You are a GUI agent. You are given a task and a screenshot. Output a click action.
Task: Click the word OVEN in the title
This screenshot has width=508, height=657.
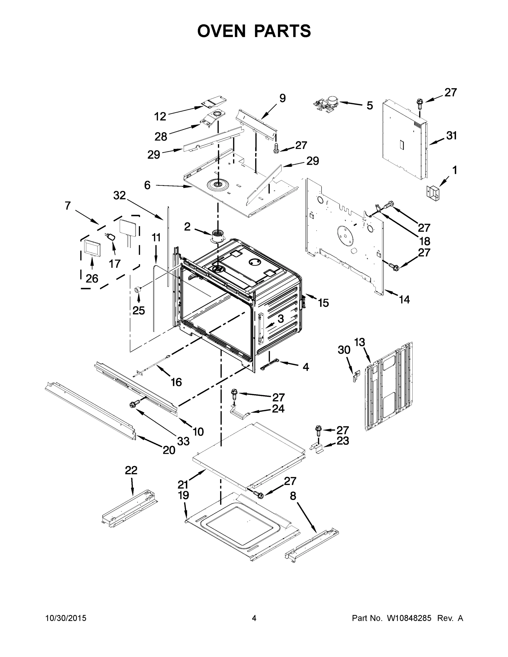pyautogui.click(x=222, y=31)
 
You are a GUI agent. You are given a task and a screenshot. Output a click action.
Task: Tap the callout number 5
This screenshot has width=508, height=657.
pyautogui.click(x=369, y=106)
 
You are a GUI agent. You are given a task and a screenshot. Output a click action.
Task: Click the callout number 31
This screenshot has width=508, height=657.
pyautogui.click(x=451, y=136)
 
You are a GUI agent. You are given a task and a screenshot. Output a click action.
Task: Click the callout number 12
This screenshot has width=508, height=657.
pyautogui.click(x=160, y=116)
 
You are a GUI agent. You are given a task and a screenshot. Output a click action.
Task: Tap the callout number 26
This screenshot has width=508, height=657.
pyautogui.click(x=92, y=279)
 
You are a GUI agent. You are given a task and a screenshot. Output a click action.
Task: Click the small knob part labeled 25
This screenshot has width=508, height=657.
pyautogui.click(x=138, y=289)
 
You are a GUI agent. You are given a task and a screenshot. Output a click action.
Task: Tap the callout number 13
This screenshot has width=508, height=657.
pyautogui.click(x=360, y=342)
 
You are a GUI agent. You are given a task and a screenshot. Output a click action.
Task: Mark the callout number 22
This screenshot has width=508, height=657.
pyautogui.click(x=131, y=471)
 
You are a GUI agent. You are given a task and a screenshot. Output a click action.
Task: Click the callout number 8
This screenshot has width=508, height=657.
pyautogui.click(x=293, y=496)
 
